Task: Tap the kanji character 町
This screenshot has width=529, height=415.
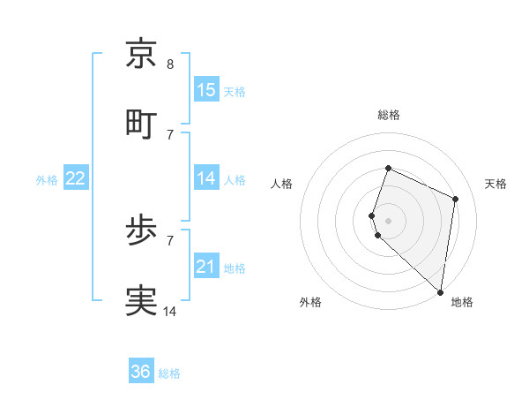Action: tap(141, 124)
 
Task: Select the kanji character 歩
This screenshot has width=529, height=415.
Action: tap(141, 231)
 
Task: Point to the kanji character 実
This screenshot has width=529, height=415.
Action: tap(141, 301)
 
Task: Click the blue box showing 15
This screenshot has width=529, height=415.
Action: tap(206, 90)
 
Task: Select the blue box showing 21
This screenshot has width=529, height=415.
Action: tap(206, 267)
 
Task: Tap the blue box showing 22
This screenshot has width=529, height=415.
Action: tap(76, 178)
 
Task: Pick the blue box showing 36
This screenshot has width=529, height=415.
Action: tap(141, 372)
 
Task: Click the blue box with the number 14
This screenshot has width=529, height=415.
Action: tap(206, 178)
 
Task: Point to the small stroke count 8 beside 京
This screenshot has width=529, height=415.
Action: tap(170, 64)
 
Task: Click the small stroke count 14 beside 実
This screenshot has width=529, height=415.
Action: tap(170, 311)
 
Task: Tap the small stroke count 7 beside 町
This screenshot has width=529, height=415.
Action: tap(170, 134)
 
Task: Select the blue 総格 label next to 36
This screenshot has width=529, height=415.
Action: tap(169, 373)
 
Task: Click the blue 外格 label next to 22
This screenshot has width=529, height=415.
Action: tap(47, 180)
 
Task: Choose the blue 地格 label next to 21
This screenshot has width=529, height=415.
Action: tap(235, 268)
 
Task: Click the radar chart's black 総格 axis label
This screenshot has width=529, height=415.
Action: tap(389, 115)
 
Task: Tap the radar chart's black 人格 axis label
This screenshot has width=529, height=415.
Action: tap(282, 184)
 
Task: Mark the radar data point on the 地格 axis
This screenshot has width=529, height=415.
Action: tap(441, 292)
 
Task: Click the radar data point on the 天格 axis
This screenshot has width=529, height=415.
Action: tap(456, 199)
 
